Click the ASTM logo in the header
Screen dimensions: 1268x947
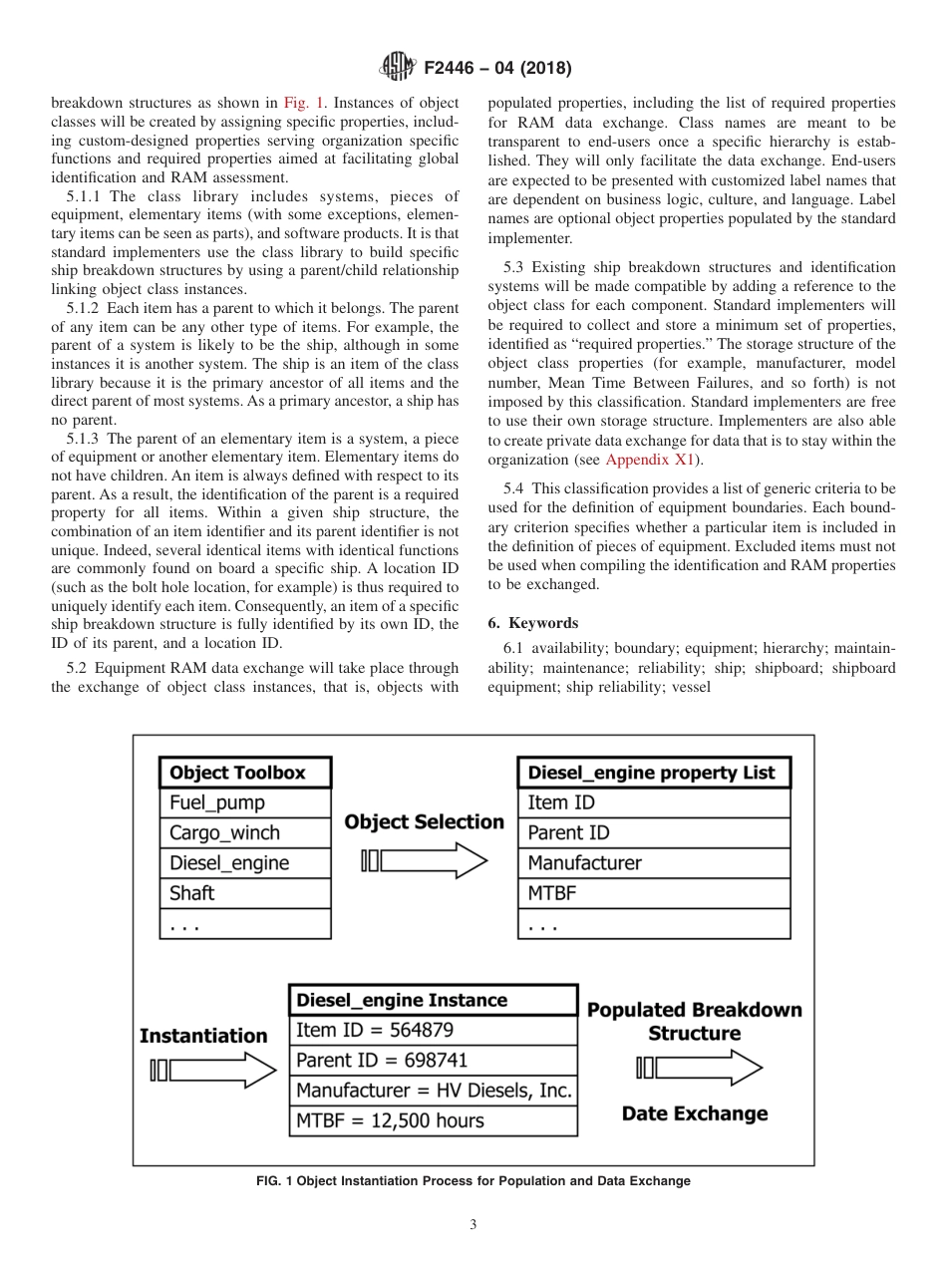point(399,69)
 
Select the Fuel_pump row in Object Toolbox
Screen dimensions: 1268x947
point(245,802)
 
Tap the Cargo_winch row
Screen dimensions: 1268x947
point(245,832)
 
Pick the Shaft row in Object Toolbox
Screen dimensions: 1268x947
point(245,893)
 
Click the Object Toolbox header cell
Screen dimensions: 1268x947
point(245,773)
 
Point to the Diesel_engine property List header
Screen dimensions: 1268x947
point(654,773)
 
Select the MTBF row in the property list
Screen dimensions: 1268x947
point(654,893)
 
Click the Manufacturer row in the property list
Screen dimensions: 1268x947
point(654,863)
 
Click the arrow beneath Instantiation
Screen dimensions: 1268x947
point(212,1072)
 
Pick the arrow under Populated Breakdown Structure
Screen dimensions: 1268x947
point(699,1069)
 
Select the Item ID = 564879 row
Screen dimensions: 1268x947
point(433,1031)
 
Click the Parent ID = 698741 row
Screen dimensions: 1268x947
point(433,1061)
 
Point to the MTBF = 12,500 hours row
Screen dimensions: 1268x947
point(433,1120)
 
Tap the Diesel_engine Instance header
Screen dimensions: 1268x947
point(433,1000)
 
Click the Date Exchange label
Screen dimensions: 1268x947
point(695,1113)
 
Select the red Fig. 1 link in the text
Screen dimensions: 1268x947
point(299,103)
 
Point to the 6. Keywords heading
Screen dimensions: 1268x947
point(533,623)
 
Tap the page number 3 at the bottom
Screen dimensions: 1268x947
point(473,1225)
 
